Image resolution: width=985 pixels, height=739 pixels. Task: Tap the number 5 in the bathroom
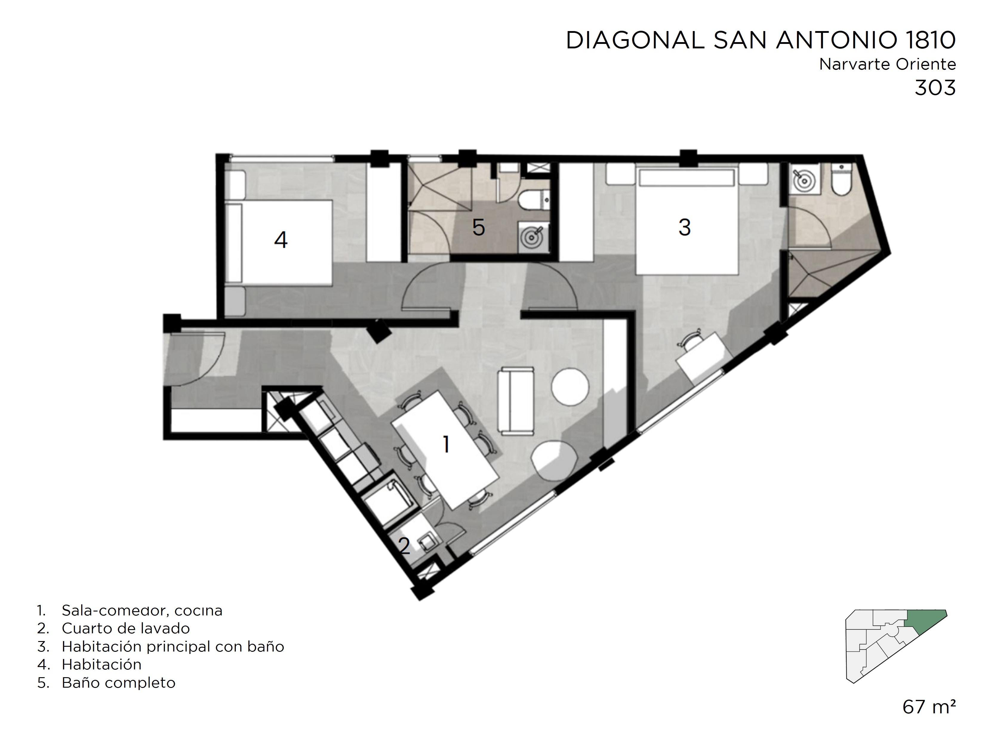point(478,228)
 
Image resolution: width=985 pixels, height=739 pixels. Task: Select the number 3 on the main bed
point(684,227)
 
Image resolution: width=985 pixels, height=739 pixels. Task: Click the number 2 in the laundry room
point(404,546)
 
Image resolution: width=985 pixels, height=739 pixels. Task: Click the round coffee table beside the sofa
point(570,386)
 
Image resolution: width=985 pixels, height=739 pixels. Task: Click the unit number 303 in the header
point(935,88)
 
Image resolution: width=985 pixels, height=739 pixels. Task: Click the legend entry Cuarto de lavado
point(126,629)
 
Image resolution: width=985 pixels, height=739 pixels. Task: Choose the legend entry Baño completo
point(119,683)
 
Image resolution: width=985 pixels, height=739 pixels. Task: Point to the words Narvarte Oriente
point(887,64)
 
